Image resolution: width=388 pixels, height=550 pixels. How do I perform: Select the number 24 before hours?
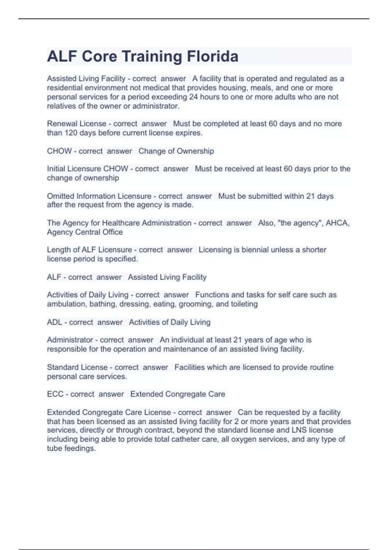(x=193, y=97)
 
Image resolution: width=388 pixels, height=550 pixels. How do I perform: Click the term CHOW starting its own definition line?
(x=59, y=151)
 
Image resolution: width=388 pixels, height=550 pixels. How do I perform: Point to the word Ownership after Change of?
(x=195, y=151)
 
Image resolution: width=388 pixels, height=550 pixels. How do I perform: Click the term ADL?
(x=54, y=322)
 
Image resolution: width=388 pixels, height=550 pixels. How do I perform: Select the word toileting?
(x=244, y=304)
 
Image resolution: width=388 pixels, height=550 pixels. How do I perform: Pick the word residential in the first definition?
(x=65, y=88)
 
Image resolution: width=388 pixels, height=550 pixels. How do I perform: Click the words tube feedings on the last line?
(x=71, y=448)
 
